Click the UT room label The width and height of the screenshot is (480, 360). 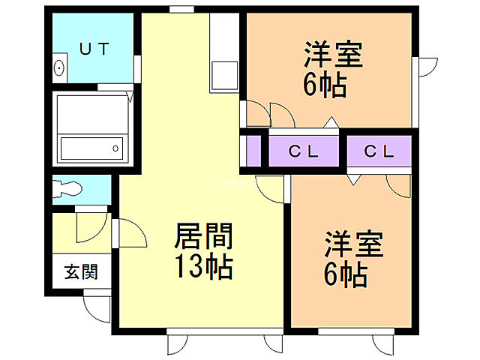tap(94, 49)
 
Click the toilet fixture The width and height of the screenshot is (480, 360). tap(72, 187)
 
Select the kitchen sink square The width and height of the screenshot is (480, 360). tap(223, 76)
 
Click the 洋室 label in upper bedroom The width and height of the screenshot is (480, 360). tap(333, 56)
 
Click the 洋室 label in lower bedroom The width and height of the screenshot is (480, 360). tap(353, 246)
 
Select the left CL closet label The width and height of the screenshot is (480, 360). tap(304, 151)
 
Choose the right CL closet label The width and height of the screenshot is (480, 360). tap(379, 151)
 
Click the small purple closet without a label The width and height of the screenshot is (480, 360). tap(253, 151)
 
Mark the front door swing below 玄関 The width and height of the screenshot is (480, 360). tap(95, 307)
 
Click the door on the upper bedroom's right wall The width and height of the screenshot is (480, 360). tap(426, 67)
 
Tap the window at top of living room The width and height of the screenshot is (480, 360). tap(179, 9)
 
